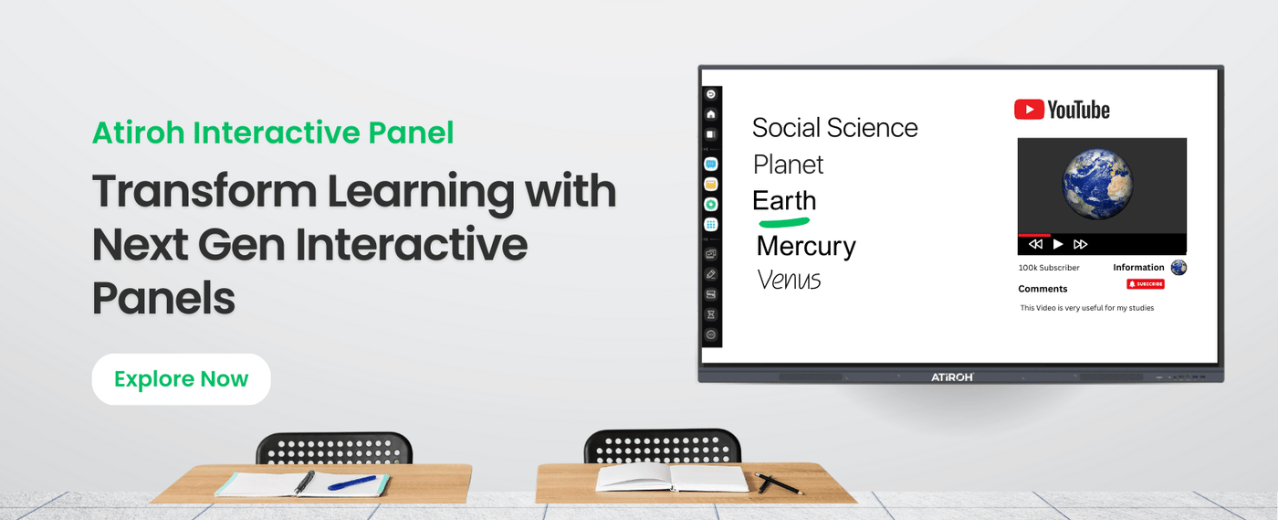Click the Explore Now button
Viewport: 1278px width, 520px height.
(x=181, y=379)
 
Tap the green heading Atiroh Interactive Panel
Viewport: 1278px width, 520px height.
(x=273, y=133)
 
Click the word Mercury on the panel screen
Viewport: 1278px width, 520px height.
(x=806, y=246)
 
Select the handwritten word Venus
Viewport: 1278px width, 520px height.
(x=789, y=280)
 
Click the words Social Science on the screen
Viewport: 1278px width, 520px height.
(x=834, y=128)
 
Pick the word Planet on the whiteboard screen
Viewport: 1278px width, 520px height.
(x=788, y=164)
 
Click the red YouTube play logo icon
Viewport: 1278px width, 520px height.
(x=1029, y=110)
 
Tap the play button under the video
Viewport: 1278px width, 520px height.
(x=1058, y=244)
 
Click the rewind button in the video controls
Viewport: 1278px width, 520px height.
(x=1035, y=244)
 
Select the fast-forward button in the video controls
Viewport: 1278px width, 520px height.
(x=1081, y=244)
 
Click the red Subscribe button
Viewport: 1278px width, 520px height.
(x=1146, y=284)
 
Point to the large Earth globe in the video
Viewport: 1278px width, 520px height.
(x=1097, y=186)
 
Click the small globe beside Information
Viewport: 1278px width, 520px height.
(x=1178, y=268)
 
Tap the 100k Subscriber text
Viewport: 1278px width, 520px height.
(x=1049, y=268)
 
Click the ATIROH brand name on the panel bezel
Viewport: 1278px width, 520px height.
(x=952, y=377)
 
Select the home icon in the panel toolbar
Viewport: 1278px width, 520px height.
(x=711, y=114)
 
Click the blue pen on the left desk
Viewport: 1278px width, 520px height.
(x=351, y=482)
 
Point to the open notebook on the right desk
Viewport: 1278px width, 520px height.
(x=672, y=477)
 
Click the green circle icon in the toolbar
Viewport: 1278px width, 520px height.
(x=711, y=204)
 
